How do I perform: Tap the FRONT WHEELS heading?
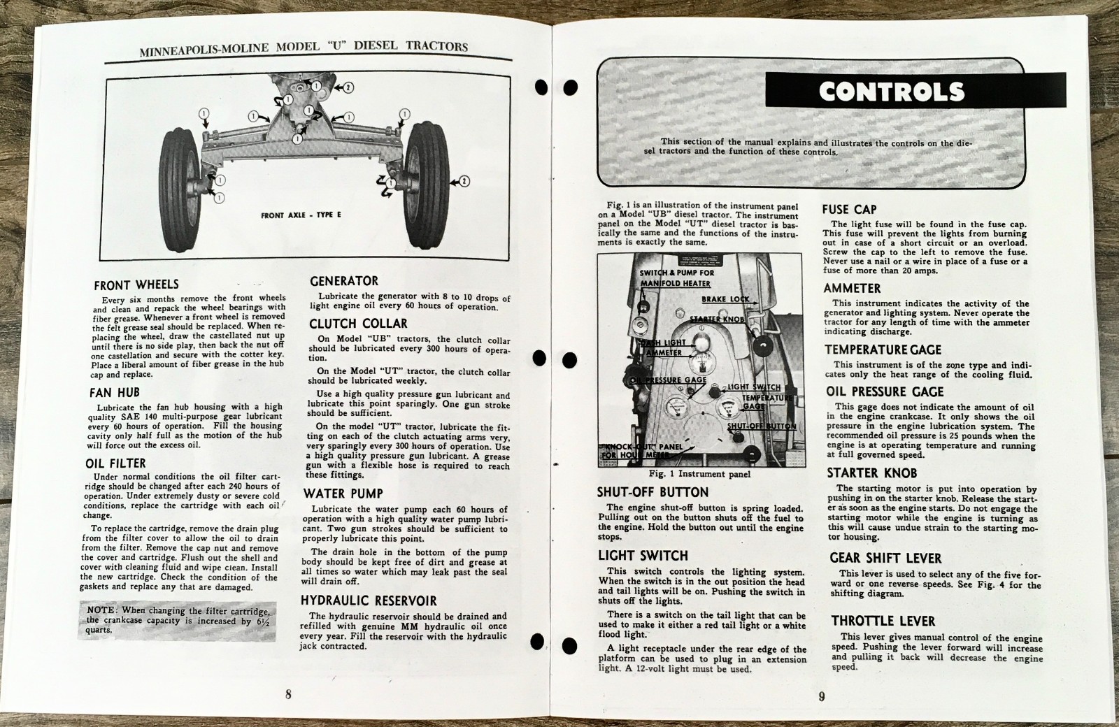tap(136, 285)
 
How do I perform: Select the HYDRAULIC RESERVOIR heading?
tap(369, 600)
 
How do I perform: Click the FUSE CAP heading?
tap(850, 209)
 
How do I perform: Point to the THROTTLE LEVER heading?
tap(883, 621)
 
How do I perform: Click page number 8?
tap(288, 694)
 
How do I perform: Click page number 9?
tap(822, 696)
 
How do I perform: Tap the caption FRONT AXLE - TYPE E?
tap(301, 215)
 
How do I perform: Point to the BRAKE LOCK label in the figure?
tap(725, 299)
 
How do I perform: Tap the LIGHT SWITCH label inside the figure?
tap(754, 387)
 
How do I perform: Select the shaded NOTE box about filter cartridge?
tap(176, 620)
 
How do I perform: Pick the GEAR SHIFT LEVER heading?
tap(885, 558)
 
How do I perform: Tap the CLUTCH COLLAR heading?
tap(358, 324)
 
